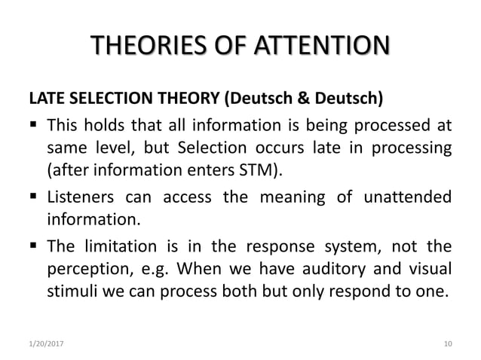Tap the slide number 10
(x=449, y=344)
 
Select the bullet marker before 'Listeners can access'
(x=34, y=198)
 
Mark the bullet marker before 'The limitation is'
(x=34, y=247)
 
